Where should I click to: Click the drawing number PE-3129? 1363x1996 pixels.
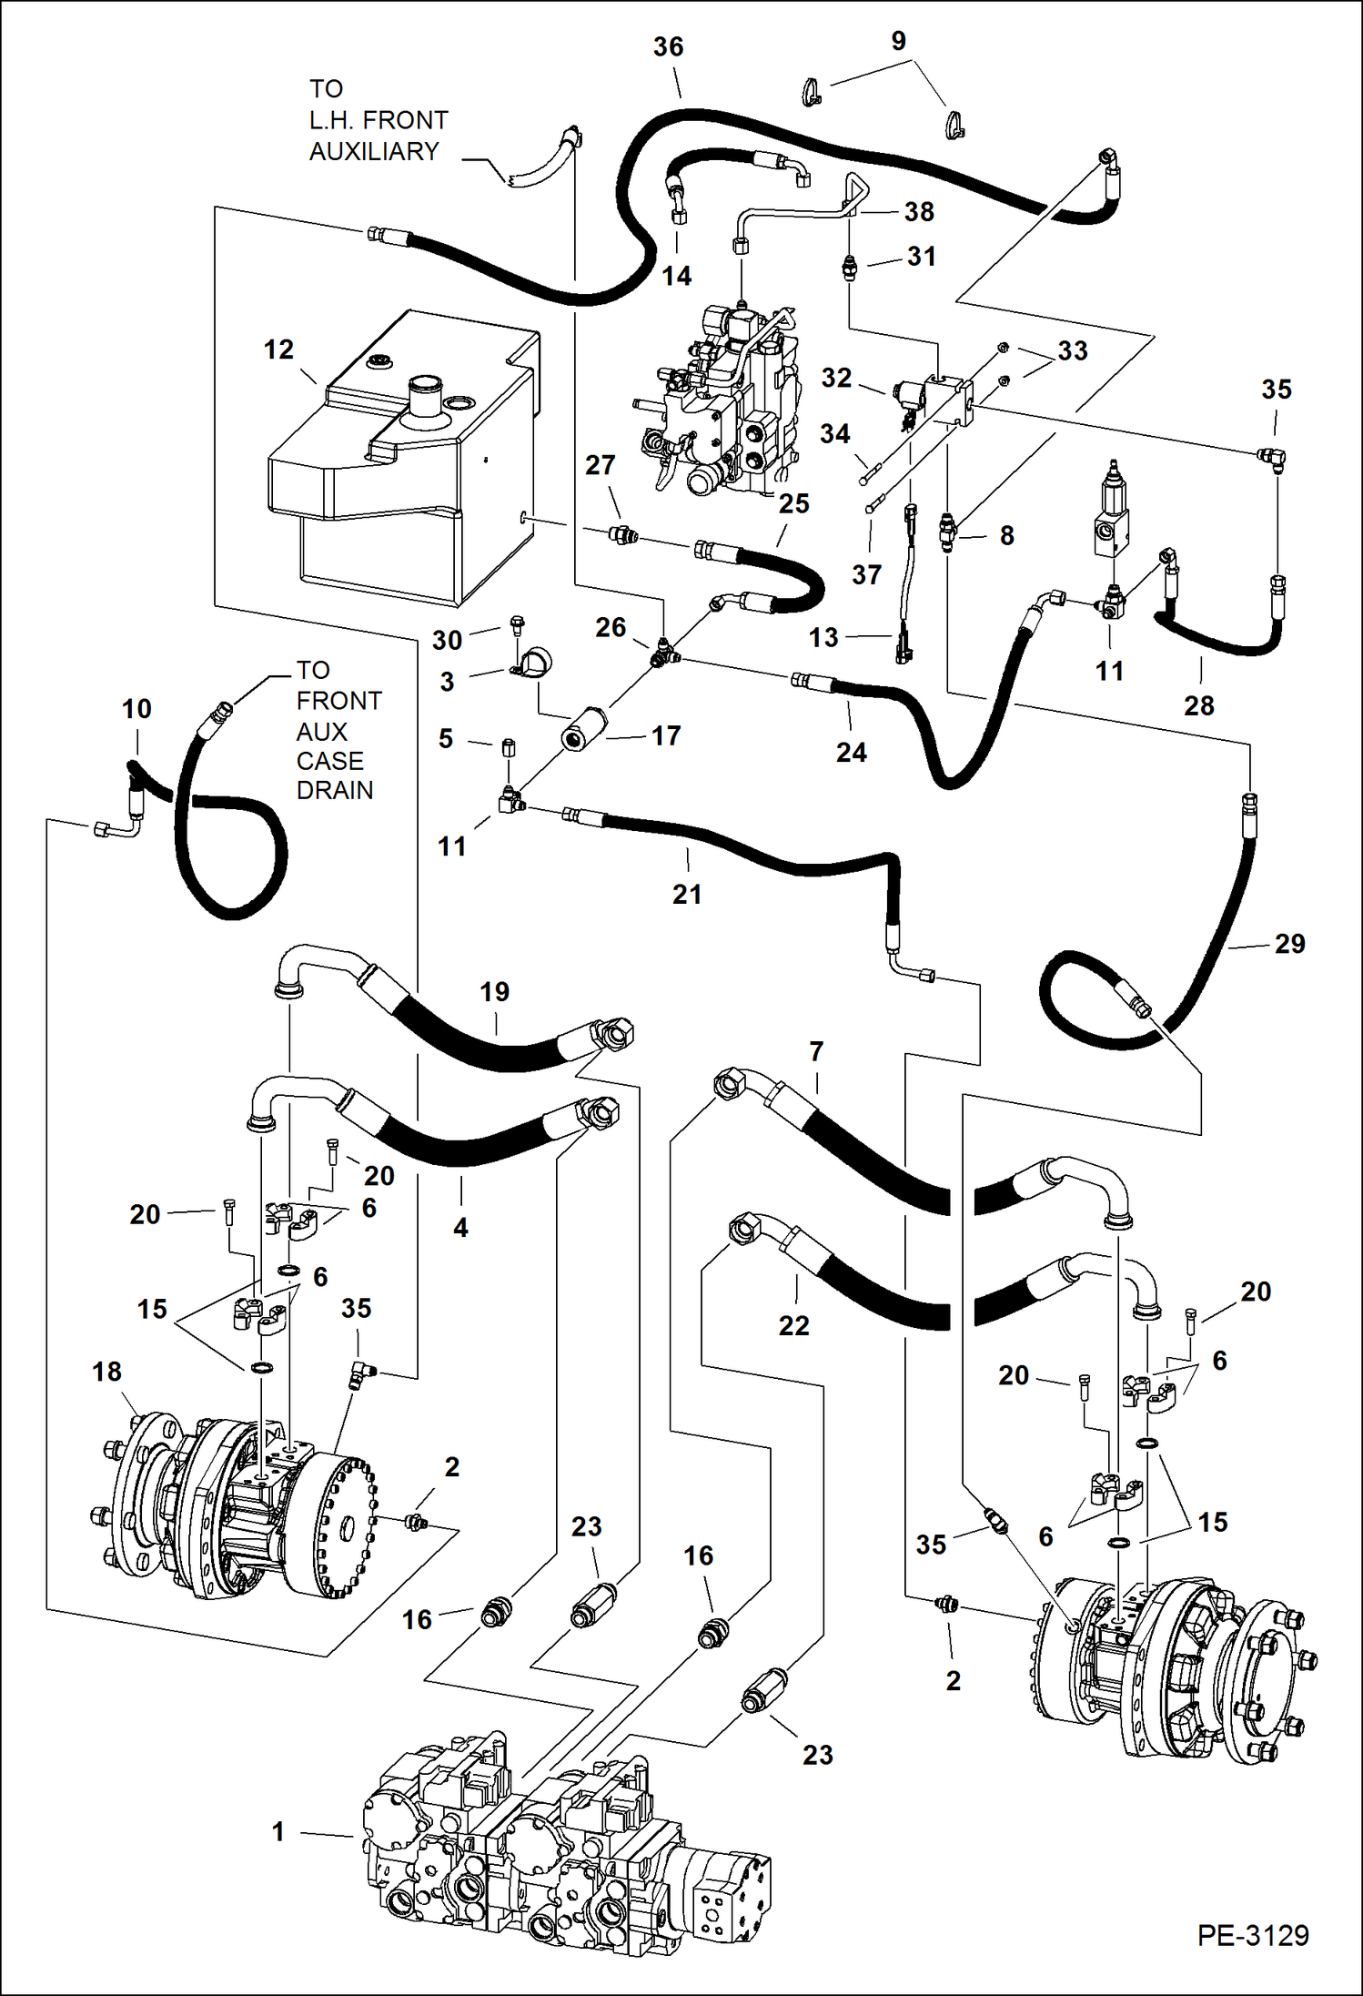pyautogui.click(x=1252, y=1935)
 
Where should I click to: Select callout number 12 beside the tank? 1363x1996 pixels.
pyautogui.click(x=278, y=350)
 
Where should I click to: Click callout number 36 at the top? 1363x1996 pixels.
pyautogui.click(x=668, y=47)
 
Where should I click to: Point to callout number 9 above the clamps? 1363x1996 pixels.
pyautogui.click(x=898, y=41)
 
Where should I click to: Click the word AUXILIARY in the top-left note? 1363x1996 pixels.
pyautogui.click(x=374, y=151)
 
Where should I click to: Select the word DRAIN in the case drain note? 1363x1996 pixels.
pyautogui.click(x=334, y=790)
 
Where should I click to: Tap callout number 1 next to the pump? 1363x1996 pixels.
pyautogui.click(x=278, y=1831)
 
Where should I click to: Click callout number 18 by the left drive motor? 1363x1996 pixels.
pyautogui.click(x=106, y=1372)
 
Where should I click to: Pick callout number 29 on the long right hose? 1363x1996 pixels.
pyautogui.click(x=1289, y=944)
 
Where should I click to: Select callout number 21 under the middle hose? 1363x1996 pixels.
pyautogui.click(x=687, y=895)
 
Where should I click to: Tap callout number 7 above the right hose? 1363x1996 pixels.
pyautogui.click(x=816, y=1052)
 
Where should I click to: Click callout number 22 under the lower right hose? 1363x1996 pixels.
pyautogui.click(x=793, y=1326)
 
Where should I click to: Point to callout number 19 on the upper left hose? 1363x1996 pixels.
pyautogui.click(x=494, y=992)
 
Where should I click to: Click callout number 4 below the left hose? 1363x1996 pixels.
pyautogui.click(x=460, y=1228)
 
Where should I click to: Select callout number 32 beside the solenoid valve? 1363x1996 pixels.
pyautogui.click(x=836, y=378)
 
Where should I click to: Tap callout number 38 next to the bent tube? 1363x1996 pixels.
pyautogui.click(x=919, y=212)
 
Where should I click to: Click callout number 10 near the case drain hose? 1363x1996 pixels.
pyautogui.click(x=136, y=709)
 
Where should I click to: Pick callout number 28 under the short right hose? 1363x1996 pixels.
pyautogui.click(x=1198, y=705)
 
